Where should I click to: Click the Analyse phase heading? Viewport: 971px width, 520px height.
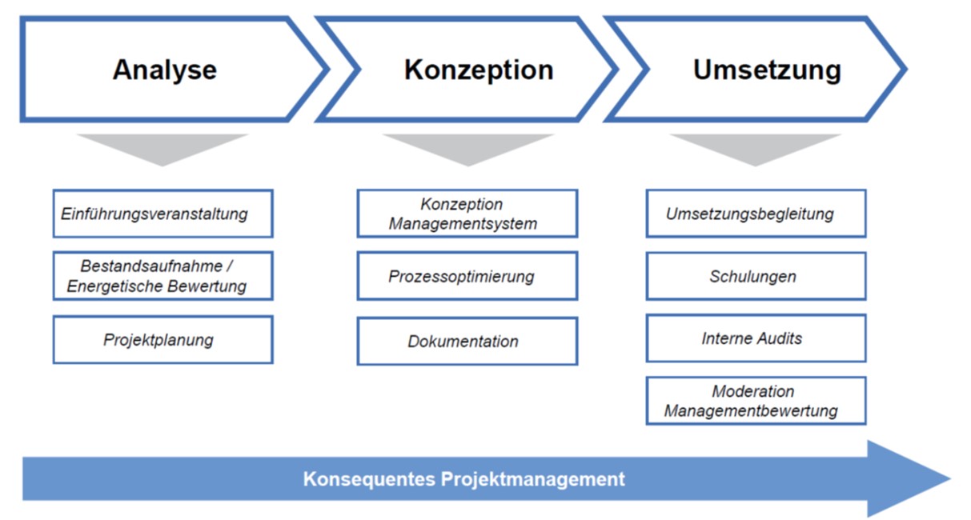click(x=165, y=70)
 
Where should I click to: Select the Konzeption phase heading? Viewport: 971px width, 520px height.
click(x=479, y=70)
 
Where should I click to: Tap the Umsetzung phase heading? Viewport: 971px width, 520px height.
click(x=767, y=70)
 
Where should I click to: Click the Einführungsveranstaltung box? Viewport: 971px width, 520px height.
click(x=163, y=214)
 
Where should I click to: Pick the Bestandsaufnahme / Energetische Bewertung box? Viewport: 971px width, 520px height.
click(x=163, y=276)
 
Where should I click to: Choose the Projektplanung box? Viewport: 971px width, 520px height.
click(x=163, y=340)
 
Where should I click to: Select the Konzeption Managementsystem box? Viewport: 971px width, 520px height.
click(x=467, y=214)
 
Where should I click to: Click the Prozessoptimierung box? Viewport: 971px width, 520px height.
click(x=467, y=276)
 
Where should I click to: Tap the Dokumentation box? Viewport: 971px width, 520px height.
click(x=467, y=341)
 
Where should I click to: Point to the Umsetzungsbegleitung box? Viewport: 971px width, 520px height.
click(x=756, y=214)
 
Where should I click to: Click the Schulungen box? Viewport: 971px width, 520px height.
click(x=756, y=276)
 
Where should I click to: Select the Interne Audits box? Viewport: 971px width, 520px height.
click(x=756, y=338)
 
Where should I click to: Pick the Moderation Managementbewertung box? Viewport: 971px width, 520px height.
click(x=756, y=401)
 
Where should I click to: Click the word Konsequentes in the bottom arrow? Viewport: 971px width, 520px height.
click(x=369, y=480)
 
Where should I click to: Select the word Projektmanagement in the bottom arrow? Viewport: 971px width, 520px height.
click(x=533, y=480)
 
